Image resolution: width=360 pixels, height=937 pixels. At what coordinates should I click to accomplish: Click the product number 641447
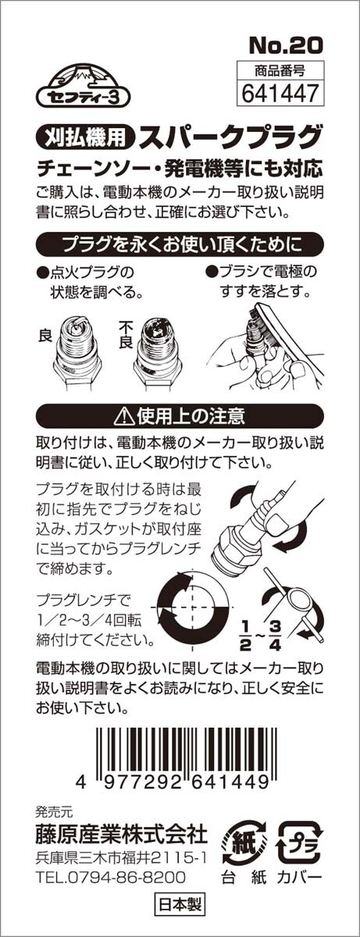tap(280, 93)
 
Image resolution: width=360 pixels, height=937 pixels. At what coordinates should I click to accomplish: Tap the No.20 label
tap(286, 45)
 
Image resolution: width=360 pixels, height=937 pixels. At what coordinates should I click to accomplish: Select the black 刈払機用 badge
tap(86, 136)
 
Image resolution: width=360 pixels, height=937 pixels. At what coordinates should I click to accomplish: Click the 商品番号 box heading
tap(280, 71)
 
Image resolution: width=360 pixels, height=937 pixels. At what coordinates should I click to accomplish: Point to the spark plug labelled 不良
tap(157, 351)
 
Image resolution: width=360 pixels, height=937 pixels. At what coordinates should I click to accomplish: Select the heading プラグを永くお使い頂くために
tap(180, 244)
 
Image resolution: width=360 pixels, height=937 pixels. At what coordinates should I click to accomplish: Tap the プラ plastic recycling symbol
tap(300, 836)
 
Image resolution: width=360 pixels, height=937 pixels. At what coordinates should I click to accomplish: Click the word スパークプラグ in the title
tap(230, 136)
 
